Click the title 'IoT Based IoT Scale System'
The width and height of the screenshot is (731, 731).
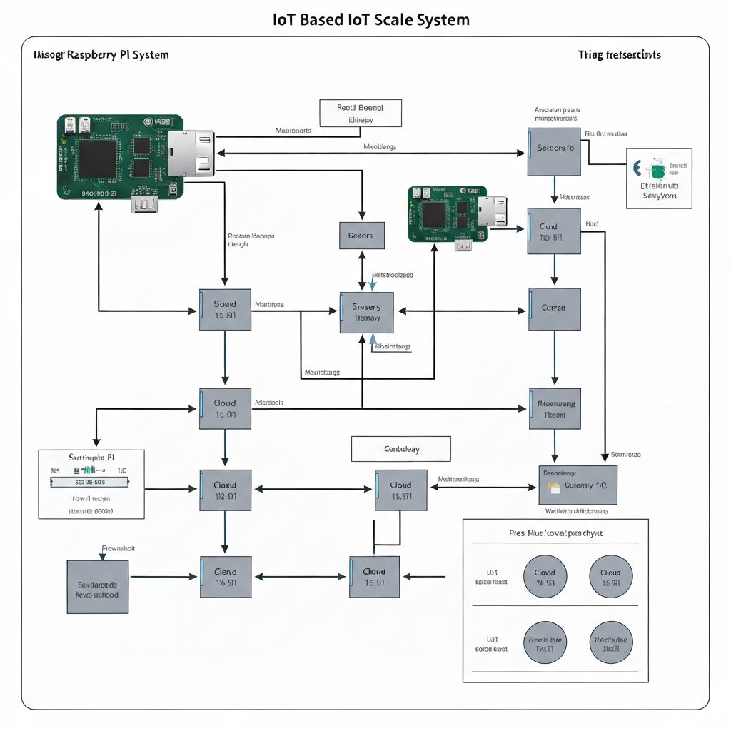coord(371,19)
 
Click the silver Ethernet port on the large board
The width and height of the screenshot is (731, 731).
coord(191,153)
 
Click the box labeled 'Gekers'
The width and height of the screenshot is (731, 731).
coord(361,235)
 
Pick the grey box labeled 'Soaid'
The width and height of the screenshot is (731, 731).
coord(225,309)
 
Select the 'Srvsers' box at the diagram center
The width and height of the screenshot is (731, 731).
coord(366,312)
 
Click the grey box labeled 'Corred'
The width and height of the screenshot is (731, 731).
coord(554,308)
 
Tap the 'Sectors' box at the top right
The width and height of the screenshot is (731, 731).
coord(554,151)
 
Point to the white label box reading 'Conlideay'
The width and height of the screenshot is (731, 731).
coord(400,449)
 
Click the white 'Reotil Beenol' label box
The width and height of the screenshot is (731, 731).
coord(360,113)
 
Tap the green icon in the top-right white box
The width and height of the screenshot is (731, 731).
coord(657,171)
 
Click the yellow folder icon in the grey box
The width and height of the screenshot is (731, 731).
coord(553,487)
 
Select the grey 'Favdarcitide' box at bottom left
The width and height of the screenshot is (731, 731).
coord(97,586)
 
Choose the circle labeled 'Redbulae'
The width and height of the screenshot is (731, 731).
coord(610,640)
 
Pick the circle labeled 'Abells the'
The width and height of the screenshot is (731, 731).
coord(545,640)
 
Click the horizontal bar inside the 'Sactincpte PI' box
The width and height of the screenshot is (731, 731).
coord(90,482)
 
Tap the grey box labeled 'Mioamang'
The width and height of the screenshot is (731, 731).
coord(555,408)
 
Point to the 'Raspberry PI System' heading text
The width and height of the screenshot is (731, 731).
coord(118,55)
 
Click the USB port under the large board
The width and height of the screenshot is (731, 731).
coord(143,205)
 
